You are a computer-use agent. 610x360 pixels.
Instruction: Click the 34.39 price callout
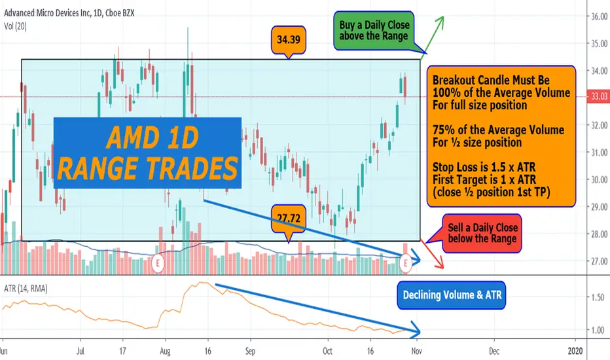[x=288, y=40]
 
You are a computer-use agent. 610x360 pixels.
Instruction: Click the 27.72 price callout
[x=288, y=219]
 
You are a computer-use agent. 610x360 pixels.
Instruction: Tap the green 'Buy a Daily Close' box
[x=374, y=30]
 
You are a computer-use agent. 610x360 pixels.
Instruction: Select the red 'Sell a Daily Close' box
[x=482, y=233]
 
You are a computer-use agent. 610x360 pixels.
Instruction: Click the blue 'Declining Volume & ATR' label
[x=452, y=295]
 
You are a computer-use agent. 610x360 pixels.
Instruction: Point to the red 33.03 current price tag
[x=598, y=96]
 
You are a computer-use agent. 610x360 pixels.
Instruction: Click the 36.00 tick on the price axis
[x=599, y=16]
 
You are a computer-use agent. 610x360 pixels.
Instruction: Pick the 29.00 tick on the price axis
[x=599, y=207]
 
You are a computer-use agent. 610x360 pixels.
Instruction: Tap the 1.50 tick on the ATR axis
[x=597, y=298]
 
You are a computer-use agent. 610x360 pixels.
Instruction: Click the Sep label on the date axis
[x=250, y=351]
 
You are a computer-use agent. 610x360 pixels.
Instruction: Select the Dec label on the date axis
[x=493, y=351]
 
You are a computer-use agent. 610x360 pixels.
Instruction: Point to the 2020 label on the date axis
[x=575, y=351]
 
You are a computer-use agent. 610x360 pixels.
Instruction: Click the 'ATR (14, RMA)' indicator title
[x=26, y=289]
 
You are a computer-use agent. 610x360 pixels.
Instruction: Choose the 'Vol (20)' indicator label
[x=15, y=26]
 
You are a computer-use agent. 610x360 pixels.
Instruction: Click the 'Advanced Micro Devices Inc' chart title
[x=48, y=13]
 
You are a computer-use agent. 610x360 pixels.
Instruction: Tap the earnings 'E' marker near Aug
[x=158, y=263]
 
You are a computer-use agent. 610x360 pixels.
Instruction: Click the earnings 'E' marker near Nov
[x=405, y=263]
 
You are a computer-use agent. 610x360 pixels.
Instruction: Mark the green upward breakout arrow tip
[x=442, y=17]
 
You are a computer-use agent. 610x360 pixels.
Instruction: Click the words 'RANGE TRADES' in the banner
[x=147, y=168]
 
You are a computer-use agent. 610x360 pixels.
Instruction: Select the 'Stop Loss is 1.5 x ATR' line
[x=484, y=168]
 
